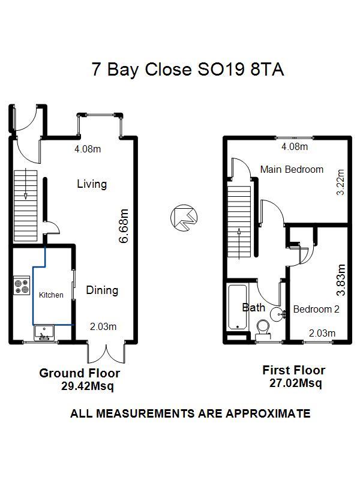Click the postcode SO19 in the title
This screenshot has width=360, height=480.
[221, 69]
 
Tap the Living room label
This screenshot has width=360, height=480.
[92, 184]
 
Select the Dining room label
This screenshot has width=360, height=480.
[102, 290]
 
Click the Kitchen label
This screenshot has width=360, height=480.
[51, 295]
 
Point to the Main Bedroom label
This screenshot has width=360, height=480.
[292, 169]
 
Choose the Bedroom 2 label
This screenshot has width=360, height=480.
[316, 309]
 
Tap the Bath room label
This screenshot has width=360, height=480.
[253, 307]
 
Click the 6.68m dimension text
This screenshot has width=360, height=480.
[124, 226]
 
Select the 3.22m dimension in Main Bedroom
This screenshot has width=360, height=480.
[340, 182]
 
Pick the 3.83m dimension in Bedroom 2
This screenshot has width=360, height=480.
[341, 280]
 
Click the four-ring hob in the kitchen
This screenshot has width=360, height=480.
[22, 286]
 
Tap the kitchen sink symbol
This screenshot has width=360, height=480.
[44, 332]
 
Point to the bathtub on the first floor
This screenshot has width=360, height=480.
[238, 307]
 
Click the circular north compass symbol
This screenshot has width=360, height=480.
[184, 218]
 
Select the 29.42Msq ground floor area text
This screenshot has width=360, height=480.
[87, 386]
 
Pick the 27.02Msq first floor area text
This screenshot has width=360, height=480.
[295, 383]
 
